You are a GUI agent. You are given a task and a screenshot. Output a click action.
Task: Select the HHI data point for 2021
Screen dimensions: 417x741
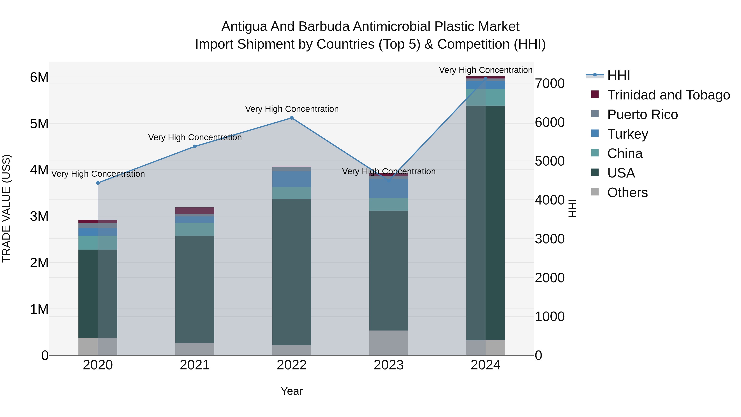[195, 146]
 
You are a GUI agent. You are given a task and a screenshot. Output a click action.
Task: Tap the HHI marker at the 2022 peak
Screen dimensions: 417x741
[292, 118]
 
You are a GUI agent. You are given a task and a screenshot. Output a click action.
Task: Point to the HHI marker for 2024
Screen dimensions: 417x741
[486, 79]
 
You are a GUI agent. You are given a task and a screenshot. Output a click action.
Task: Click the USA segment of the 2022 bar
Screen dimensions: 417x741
[292, 272]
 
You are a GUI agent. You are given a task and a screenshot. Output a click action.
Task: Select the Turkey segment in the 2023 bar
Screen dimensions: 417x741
[389, 189]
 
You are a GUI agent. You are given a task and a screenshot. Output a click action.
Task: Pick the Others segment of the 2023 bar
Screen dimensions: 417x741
[389, 342]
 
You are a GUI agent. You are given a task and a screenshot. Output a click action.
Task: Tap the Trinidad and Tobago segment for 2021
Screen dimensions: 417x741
[195, 211]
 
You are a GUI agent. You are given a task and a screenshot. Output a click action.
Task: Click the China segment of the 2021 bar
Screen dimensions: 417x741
[195, 229]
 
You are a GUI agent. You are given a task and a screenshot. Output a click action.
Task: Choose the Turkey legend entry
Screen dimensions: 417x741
[628, 134]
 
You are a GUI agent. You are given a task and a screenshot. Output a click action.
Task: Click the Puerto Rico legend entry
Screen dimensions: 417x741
[642, 114]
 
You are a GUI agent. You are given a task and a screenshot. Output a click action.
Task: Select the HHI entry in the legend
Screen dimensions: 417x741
[619, 75]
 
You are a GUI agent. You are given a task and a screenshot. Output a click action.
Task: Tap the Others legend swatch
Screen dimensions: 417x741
[595, 192]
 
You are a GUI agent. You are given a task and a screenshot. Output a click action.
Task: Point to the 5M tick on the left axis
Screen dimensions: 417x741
[39, 124]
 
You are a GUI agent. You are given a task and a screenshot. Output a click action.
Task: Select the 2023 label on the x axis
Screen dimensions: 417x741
[389, 365]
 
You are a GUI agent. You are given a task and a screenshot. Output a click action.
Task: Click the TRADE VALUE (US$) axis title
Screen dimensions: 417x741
[6, 208]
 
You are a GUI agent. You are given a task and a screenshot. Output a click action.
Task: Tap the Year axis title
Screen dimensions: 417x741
[292, 391]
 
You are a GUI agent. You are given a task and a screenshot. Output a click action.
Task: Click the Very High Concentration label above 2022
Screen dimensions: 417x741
[292, 109]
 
